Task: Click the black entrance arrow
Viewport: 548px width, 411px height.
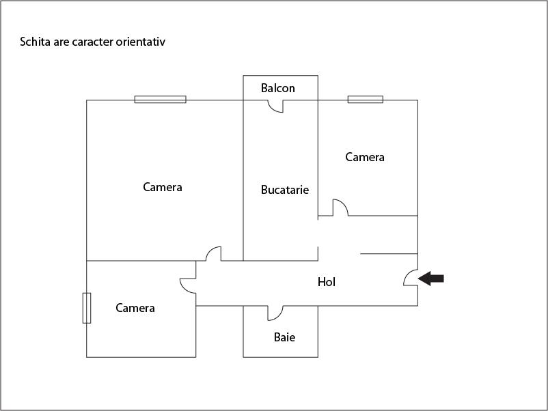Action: click(431, 278)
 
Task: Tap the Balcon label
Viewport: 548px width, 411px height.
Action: click(278, 88)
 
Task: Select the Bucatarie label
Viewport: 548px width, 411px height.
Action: click(285, 190)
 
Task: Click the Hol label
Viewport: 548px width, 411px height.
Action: click(327, 281)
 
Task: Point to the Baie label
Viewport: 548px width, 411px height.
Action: click(285, 337)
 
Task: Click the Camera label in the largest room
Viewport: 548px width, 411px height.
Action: click(163, 186)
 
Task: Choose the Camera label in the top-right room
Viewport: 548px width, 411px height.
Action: click(365, 157)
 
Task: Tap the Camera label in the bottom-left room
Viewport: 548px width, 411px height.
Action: click(135, 308)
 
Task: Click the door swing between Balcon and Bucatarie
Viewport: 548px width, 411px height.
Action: click(275, 107)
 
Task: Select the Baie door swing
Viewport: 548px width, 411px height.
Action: click(275, 313)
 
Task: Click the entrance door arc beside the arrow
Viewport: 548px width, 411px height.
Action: click(410, 277)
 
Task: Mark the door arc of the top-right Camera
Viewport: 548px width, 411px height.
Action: click(340, 208)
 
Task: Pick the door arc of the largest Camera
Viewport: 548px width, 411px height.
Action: click(213, 253)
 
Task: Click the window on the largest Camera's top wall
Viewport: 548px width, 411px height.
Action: click(160, 100)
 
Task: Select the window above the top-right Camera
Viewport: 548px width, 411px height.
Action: click(365, 100)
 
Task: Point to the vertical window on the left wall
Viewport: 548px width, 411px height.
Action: click(87, 308)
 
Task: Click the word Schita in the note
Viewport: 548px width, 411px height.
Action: click(35, 42)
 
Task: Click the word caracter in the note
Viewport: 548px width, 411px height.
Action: click(92, 42)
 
